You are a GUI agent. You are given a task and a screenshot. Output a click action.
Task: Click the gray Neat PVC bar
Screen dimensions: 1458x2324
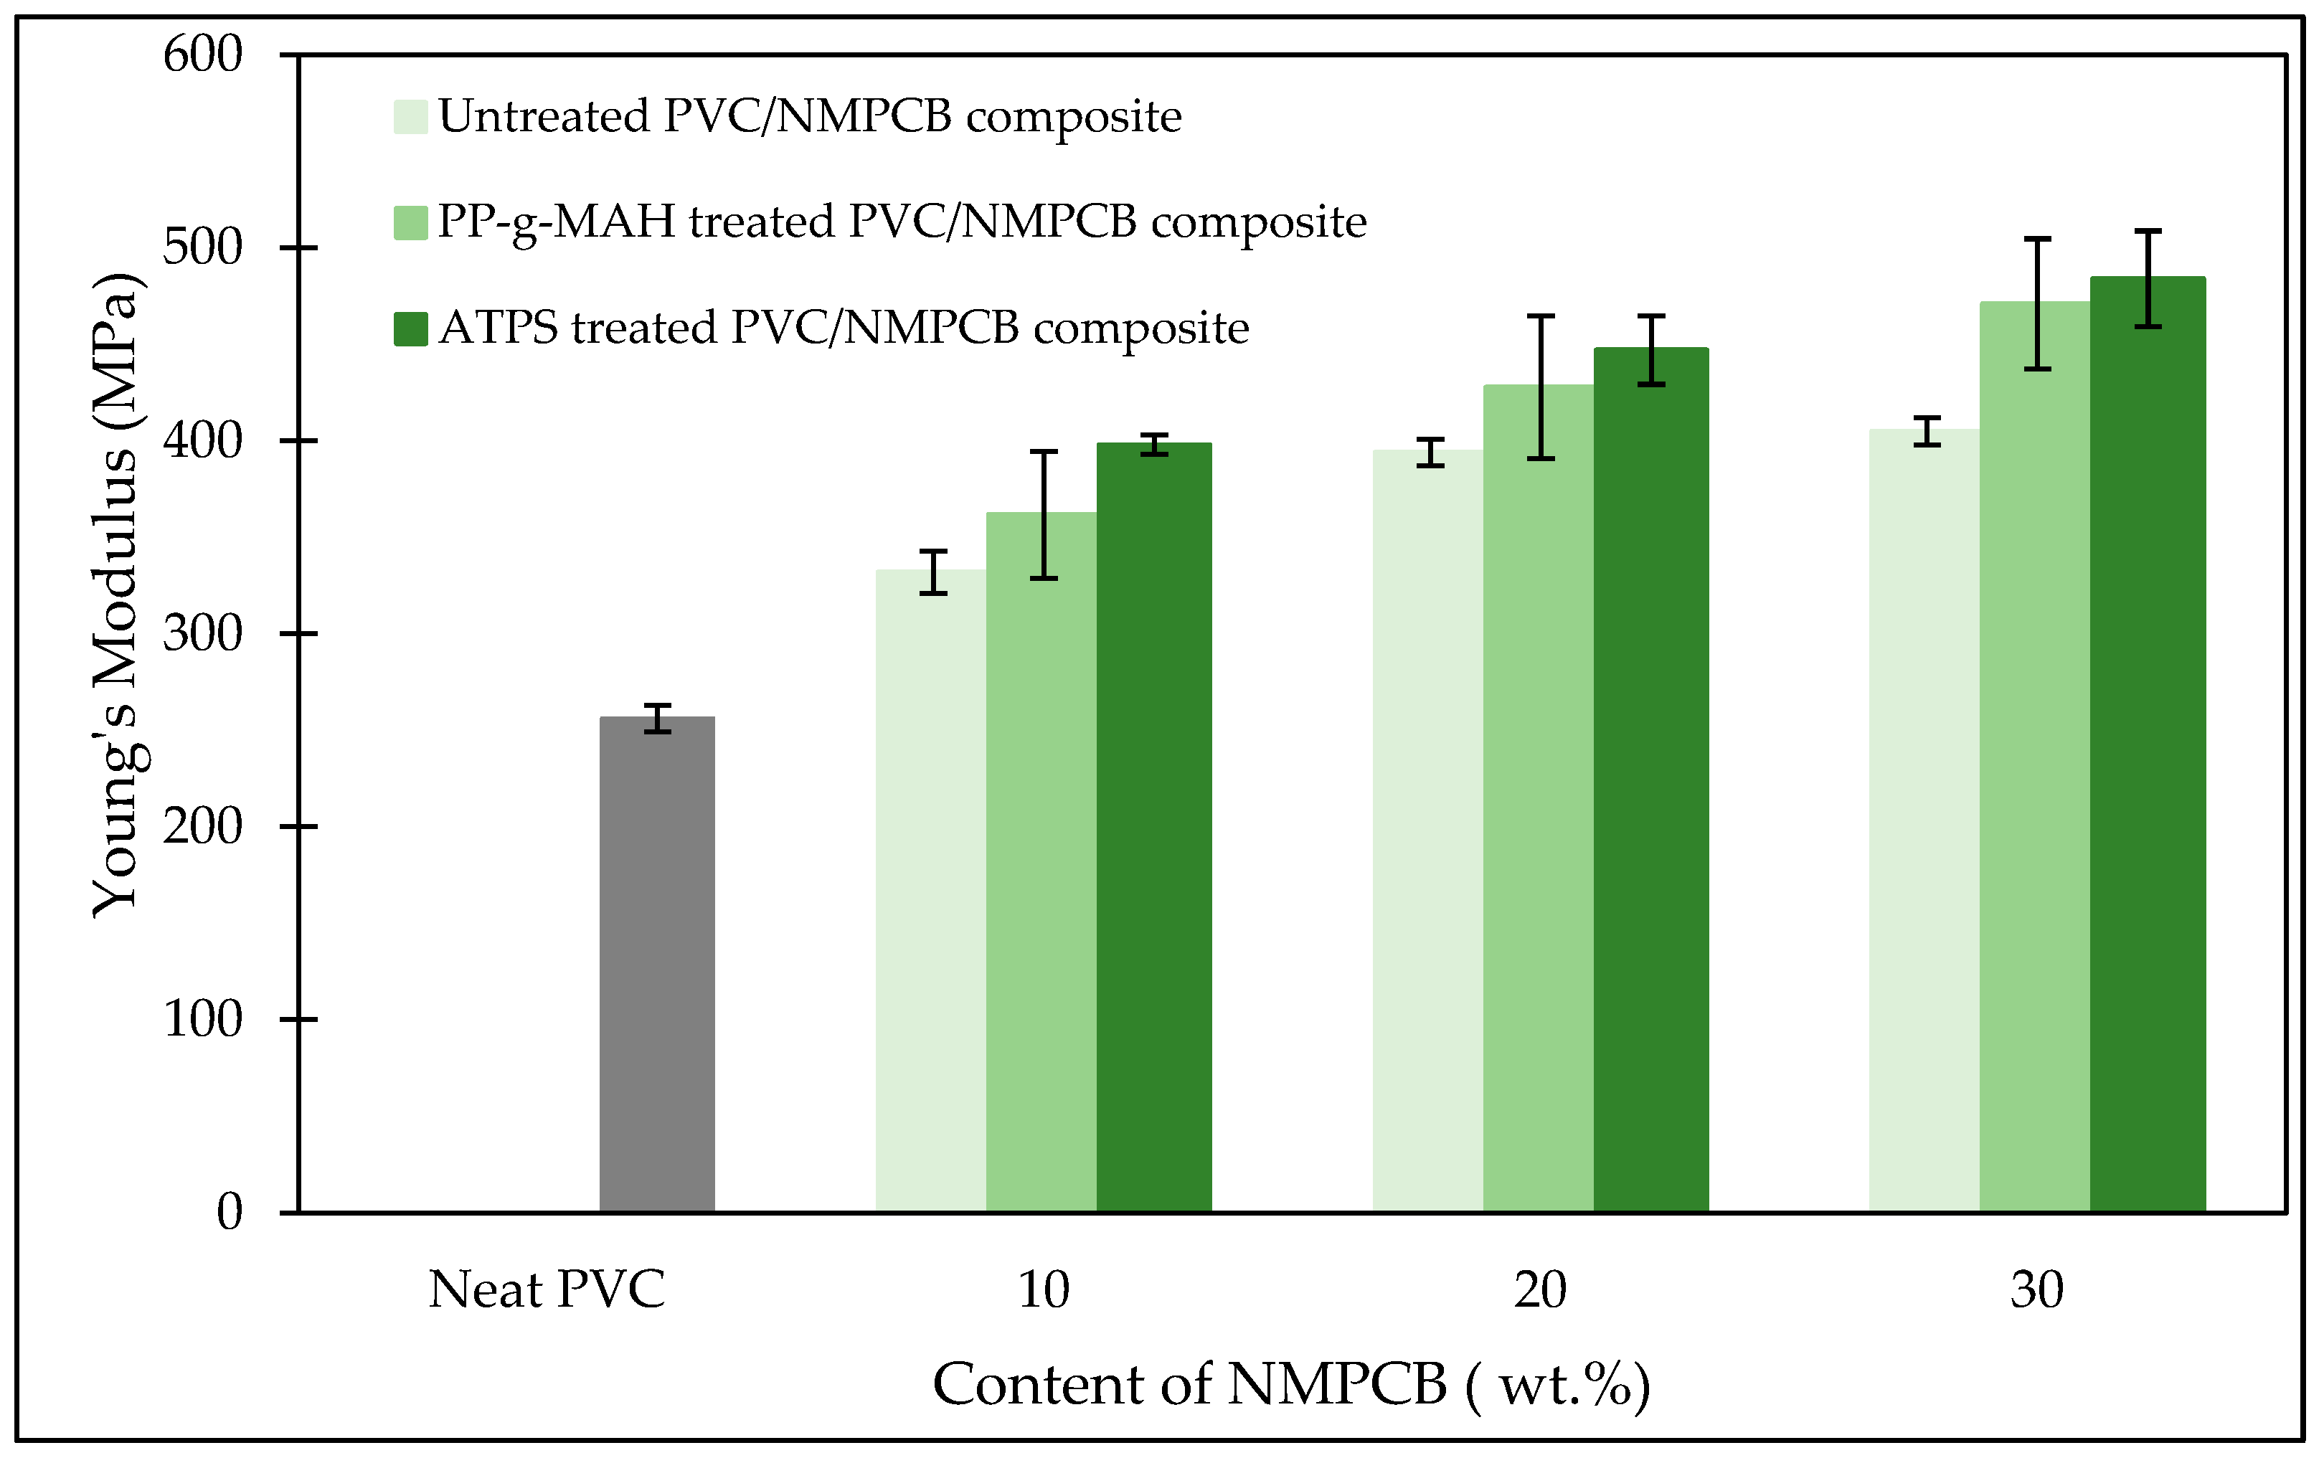pyautogui.click(x=657, y=965)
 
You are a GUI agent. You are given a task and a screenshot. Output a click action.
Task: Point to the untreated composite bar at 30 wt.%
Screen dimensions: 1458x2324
pyautogui.click(x=1924, y=820)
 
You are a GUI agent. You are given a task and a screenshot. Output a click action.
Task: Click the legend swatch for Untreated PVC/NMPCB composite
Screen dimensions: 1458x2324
pyautogui.click(x=410, y=117)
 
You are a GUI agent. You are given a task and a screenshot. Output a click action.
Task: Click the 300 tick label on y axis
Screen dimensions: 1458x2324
pyautogui.click(x=202, y=633)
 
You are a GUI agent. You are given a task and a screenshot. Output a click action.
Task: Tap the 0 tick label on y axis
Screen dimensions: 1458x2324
pyautogui.click(x=230, y=1211)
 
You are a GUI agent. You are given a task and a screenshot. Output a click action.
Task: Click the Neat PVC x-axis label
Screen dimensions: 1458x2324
pyautogui.click(x=546, y=1289)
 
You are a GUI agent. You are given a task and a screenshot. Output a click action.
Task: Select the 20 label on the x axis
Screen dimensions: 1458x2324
pyautogui.click(x=1539, y=1289)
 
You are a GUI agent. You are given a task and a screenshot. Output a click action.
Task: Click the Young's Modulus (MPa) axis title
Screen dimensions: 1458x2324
pyautogui.click(x=115, y=595)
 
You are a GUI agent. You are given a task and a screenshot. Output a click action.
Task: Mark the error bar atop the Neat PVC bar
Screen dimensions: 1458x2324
pyautogui.click(x=657, y=719)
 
